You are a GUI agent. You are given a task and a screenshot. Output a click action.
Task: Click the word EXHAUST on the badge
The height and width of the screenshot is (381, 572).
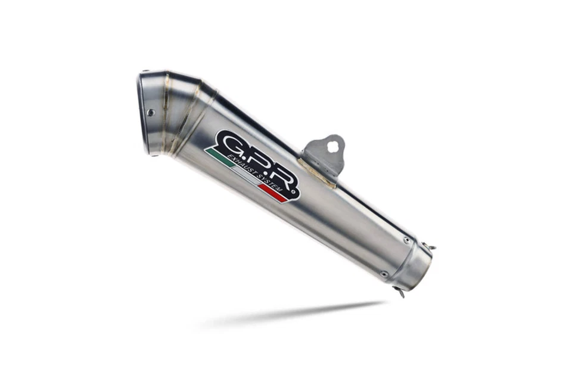coord(244,160)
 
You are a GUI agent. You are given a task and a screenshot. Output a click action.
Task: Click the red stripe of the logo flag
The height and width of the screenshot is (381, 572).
coord(271,191)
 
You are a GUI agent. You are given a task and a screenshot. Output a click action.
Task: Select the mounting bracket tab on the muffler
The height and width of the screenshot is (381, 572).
coord(325,154)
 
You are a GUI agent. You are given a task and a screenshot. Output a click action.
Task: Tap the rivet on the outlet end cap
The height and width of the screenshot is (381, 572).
coord(151,112)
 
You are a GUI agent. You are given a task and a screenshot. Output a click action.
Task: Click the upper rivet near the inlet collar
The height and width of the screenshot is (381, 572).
coord(406,241)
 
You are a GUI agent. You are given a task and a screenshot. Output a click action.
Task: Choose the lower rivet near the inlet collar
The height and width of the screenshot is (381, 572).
coord(383,274)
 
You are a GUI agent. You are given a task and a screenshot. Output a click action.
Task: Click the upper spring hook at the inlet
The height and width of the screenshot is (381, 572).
coord(431,246)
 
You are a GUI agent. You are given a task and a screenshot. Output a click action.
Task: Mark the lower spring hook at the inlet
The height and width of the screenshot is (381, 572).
coord(400,292)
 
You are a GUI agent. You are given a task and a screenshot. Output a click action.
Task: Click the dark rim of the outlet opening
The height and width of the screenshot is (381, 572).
coord(143,113)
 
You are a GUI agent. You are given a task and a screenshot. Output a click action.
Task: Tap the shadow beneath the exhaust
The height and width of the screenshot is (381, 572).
coord(298,313)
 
